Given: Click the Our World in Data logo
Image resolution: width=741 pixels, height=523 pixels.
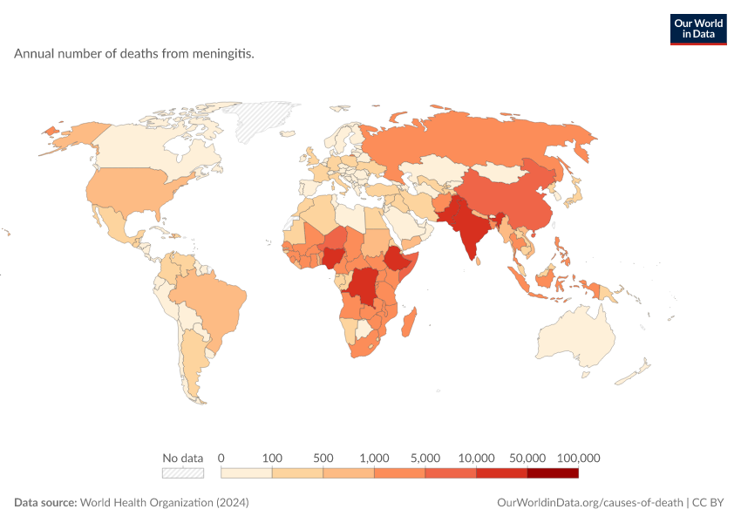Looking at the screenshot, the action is [x=698, y=30].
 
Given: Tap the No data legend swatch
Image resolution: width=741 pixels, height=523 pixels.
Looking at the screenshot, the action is [x=183, y=473].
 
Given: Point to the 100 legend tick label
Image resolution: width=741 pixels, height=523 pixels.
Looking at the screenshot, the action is [x=272, y=458].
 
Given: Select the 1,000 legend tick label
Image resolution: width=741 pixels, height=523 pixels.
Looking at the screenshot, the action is [x=374, y=458].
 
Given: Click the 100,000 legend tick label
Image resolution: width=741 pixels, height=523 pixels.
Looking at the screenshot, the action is [x=579, y=458].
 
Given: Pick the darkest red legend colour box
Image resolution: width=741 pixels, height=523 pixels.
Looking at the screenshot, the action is [x=553, y=473].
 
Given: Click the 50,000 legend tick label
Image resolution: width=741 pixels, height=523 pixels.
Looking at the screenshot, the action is [x=527, y=458].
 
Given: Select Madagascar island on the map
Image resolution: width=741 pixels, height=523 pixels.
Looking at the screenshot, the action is [x=409, y=323].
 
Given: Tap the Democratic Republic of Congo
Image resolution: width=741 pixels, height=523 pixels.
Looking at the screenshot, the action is [x=364, y=287].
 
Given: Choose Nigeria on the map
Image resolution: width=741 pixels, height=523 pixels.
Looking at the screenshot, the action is [x=334, y=256].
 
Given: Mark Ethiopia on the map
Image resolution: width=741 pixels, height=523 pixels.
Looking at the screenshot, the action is [x=398, y=258].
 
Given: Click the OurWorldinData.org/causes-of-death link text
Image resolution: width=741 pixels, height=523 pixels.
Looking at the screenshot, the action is [x=590, y=503].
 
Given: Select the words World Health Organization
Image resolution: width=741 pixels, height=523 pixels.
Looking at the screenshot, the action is [x=146, y=503].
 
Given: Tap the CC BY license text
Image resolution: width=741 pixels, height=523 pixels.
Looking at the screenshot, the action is [x=708, y=503].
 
